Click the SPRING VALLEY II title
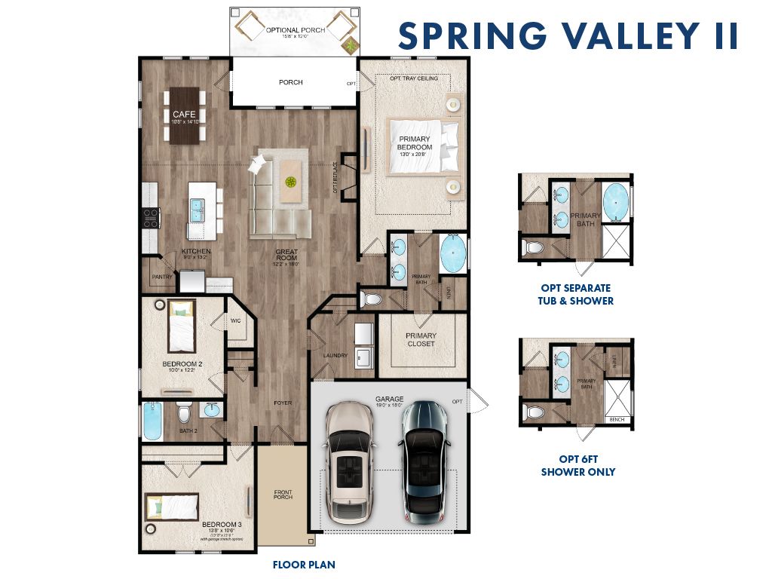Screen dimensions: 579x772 pyautogui.click(x=568, y=36)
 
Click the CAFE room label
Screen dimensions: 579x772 pyautogui.click(x=184, y=115)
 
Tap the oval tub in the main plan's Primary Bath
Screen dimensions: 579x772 pyautogui.click(x=452, y=253)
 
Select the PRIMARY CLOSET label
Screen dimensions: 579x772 pyautogui.click(x=421, y=339)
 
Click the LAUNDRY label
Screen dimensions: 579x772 pyautogui.click(x=334, y=355)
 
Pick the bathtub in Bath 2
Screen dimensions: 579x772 pyautogui.click(x=152, y=421)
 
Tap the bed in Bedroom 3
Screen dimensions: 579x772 pyautogui.click(x=172, y=507)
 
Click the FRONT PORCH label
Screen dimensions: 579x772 pyautogui.click(x=282, y=495)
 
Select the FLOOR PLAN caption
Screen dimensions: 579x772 pyautogui.click(x=304, y=564)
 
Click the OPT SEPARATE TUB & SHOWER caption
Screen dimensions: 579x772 pyautogui.click(x=577, y=294)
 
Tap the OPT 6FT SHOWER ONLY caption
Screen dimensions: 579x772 pyautogui.click(x=577, y=465)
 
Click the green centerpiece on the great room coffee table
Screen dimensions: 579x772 pyautogui.click(x=290, y=182)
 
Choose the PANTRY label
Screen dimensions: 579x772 pyautogui.click(x=162, y=277)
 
